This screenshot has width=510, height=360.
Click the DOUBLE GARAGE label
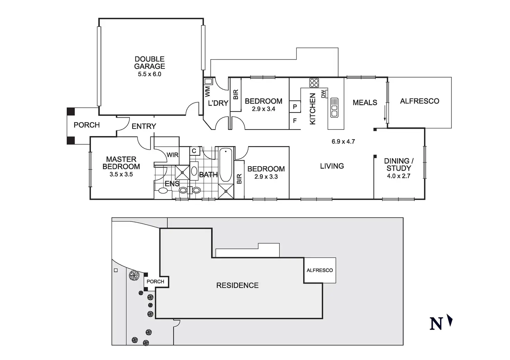tap(150, 63)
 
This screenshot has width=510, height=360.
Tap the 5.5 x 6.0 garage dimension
tap(150, 74)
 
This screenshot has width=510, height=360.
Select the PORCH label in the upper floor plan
tap(87, 125)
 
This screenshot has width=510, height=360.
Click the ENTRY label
tap(144, 126)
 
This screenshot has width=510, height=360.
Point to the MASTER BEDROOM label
tap(121, 163)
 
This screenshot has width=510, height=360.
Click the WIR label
tap(173, 155)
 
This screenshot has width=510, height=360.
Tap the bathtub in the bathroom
tap(226, 164)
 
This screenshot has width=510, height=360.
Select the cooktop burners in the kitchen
tap(314, 83)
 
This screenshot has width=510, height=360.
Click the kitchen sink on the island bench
tap(334, 108)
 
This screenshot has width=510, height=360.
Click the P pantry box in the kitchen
tap(295, 107)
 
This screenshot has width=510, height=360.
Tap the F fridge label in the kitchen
tap(295, 121)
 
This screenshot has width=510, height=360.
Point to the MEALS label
tap(365, 102)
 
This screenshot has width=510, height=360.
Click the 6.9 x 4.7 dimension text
tap(343, 141)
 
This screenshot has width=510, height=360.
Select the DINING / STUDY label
tap(399, 165)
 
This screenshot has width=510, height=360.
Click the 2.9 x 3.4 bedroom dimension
tap(263, 109)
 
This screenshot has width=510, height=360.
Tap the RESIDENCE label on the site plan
tap(237, 285)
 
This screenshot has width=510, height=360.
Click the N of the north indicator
tap(436, 324)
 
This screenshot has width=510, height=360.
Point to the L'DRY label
tap(218, 103)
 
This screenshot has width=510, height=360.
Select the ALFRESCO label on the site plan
tap(319, 270)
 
